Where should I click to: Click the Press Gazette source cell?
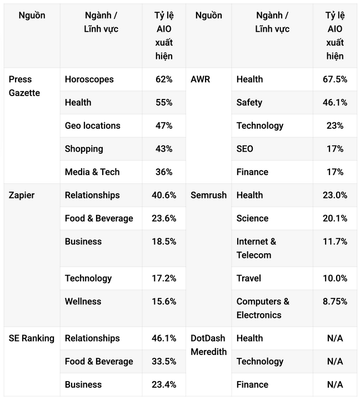tap(24, 86)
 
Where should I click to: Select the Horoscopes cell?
tap(89, 79)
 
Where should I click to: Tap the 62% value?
tap(164, 79)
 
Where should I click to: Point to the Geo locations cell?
tap(92, 126)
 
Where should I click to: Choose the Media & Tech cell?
tap(92, 172)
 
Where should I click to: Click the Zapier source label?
tap(22, 195)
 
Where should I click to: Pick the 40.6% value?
tap(164, 195)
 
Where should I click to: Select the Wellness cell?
tap(83, 301)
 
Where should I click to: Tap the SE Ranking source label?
tap(32, 338)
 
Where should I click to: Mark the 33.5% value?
tap(164, 361)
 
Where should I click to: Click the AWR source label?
tap(200, 79)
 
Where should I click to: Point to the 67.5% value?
tap(335, 79)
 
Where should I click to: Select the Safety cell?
tap(249, 102)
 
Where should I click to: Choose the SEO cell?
tap(244, 149)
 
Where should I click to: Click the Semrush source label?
tap(208, 195)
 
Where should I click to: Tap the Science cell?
tap(252, 218)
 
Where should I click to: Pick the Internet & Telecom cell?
tap(256, 248)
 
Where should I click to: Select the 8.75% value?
tap(335, 301)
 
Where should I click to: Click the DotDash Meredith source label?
tap(208, 344)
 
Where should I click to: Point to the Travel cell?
tap(248, 278)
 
